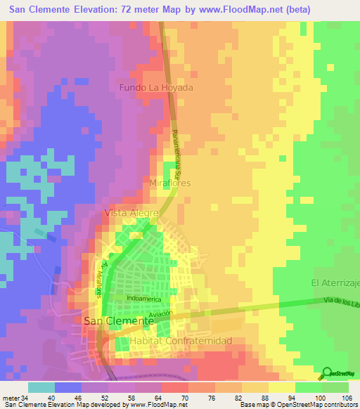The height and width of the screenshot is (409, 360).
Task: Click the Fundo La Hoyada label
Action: (x=155, y=88)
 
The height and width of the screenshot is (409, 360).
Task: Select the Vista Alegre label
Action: (x=131, y=212)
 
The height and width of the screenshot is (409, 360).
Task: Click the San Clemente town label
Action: (x=118, y=320)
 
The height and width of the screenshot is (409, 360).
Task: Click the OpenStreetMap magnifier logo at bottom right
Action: (x=328, y=373)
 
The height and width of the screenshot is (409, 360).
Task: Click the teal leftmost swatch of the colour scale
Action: (x=41, y=387)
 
